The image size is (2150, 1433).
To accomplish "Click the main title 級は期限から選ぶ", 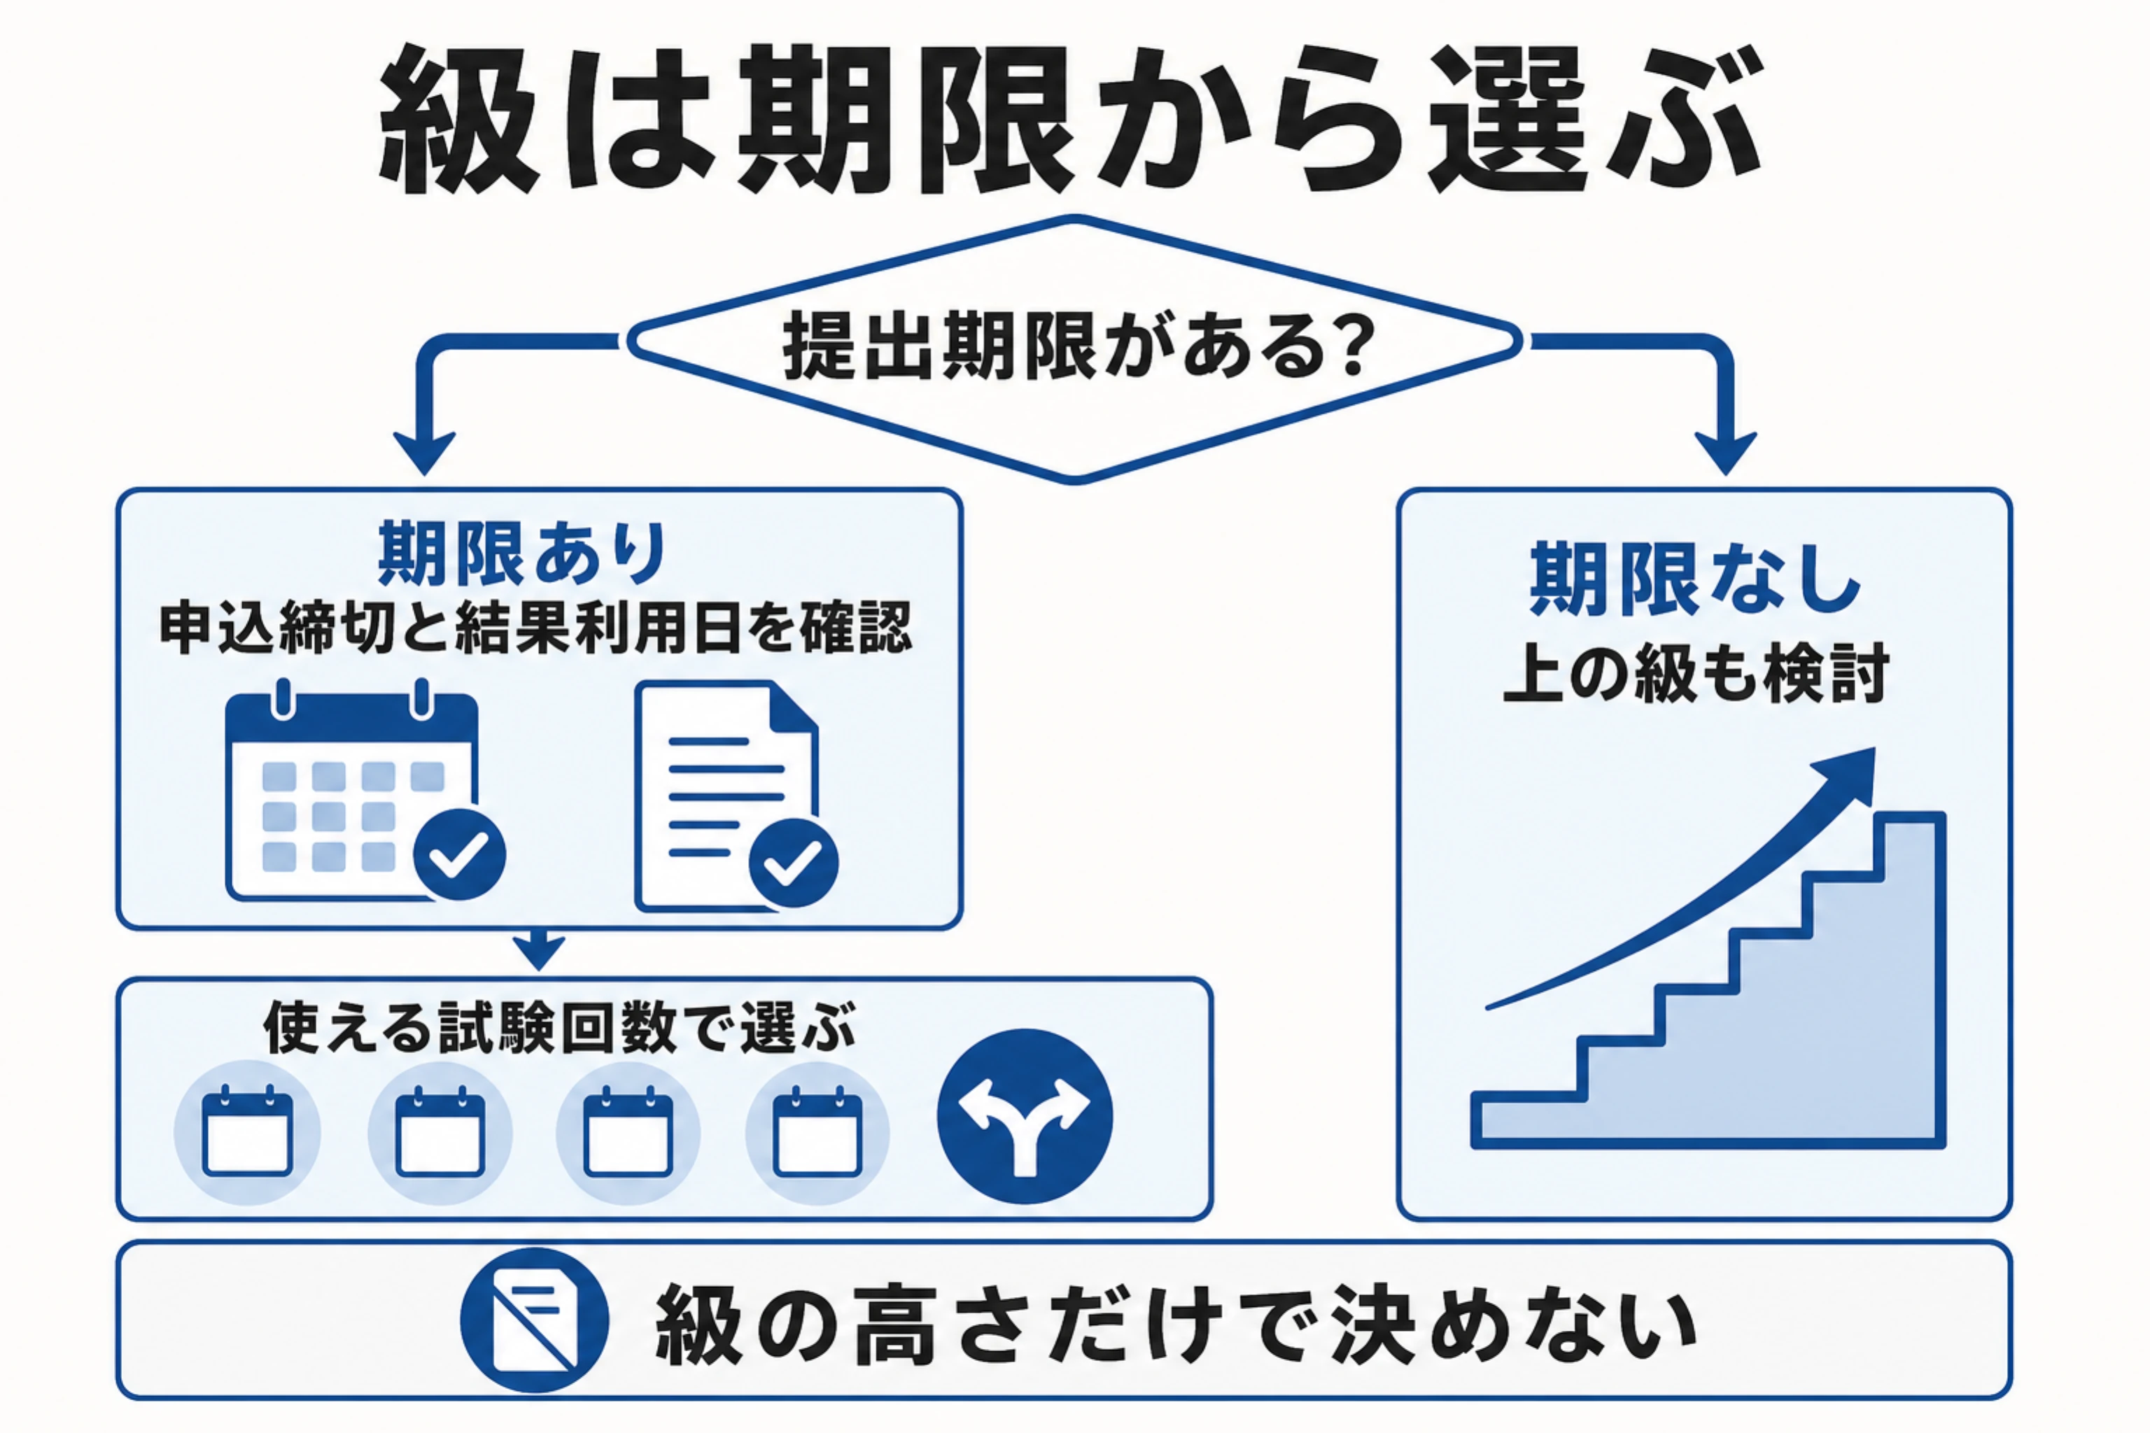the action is (x=1069, y=119).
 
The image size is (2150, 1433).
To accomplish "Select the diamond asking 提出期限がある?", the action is (x=1075, y=348).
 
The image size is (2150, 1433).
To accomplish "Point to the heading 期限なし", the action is (x=1696, y=579).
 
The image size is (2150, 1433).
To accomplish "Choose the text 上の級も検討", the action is (x=1696, y=675).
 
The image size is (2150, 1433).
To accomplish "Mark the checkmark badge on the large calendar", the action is (x=460, y=854).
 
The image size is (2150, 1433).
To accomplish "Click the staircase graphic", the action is (x=1708, y=980).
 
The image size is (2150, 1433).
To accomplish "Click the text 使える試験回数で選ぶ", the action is (x=559, y=1028).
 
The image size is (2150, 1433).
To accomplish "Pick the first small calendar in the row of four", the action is (x=248, y=1131).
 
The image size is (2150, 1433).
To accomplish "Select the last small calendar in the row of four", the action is (x=817, y=1131).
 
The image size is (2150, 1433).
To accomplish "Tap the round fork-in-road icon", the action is (x=1025, y=1116).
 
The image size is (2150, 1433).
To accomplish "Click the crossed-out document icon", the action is (x=534, y=1320).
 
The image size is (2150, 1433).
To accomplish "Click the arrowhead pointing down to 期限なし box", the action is (x=1726, y=451).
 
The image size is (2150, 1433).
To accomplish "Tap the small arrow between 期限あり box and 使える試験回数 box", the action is (x=540, y=950).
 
